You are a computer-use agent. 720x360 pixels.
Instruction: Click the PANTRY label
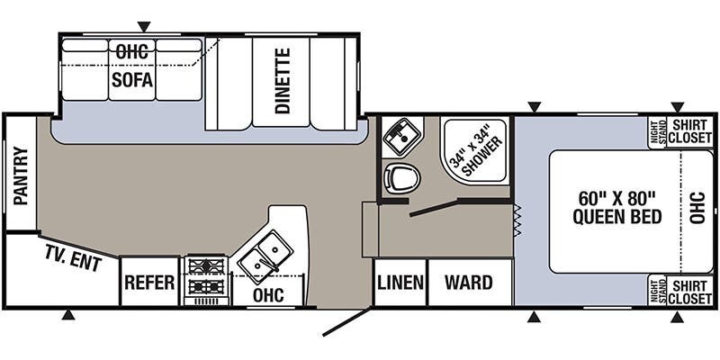pos(20,176)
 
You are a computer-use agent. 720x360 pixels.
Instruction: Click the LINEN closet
pos(400,283)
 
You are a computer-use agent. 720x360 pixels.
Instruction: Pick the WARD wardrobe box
pos(469,283)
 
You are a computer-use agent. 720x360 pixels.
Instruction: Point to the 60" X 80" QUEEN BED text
pos(616,207)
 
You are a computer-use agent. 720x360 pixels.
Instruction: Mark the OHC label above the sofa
pos(131,51)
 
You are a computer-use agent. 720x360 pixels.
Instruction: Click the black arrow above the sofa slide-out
pos(144,26)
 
